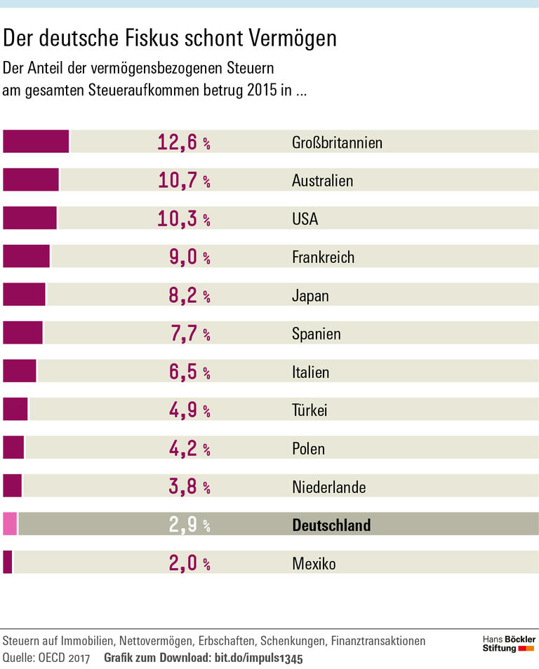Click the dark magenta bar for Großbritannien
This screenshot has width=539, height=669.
(x=36, y=142)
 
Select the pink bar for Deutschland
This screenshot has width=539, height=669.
(x=10, y=524)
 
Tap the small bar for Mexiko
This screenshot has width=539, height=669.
(x=8, y=562)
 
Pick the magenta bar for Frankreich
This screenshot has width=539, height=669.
(x=27, y=257)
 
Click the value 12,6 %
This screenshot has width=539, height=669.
(x=183, y=142)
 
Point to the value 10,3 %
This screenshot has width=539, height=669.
(x=183, y=219)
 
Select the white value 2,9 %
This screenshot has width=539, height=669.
(x=189, y=525)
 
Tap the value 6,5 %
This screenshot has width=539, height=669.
(x=189, y=372)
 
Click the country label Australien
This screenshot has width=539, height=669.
(x=322, y=181)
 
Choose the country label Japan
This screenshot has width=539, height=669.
(x=310, y=295)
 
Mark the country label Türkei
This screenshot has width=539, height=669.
(x=310, y=410)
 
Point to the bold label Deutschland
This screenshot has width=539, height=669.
(x=331, y=525)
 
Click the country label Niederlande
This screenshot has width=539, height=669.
(x=328, y=487)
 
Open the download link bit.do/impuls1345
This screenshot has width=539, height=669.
(x=258, y=658)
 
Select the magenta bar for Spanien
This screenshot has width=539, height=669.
(x=22, y=333)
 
